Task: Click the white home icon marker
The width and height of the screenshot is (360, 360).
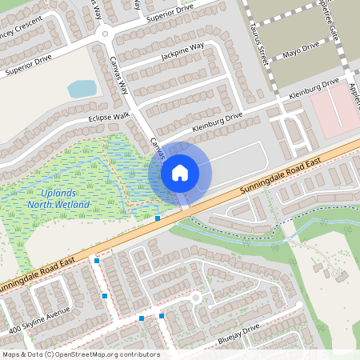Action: (x=180, y=172)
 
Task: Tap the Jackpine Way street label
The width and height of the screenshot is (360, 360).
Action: (x=182, y=53)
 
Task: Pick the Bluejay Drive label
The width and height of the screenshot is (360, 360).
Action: (x=238, y=334)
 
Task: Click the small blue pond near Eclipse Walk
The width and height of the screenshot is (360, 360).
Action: (x=82, y=88)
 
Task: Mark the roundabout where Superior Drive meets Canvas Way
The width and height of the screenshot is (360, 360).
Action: (x=102, y=34)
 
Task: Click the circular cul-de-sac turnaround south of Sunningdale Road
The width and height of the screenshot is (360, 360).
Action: (x=195, y=298)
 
